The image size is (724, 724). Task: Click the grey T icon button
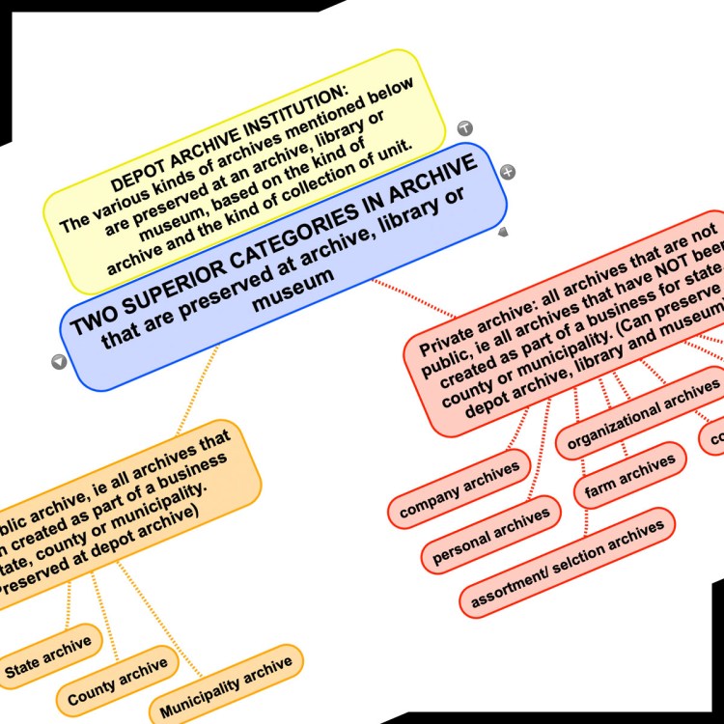point(464,128)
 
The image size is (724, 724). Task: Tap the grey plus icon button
point(509,172)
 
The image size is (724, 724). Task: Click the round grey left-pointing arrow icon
point(59,362)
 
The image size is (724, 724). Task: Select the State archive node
point(48,655)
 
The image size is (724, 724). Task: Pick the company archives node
point(459,488)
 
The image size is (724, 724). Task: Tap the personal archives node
point(491,534)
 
